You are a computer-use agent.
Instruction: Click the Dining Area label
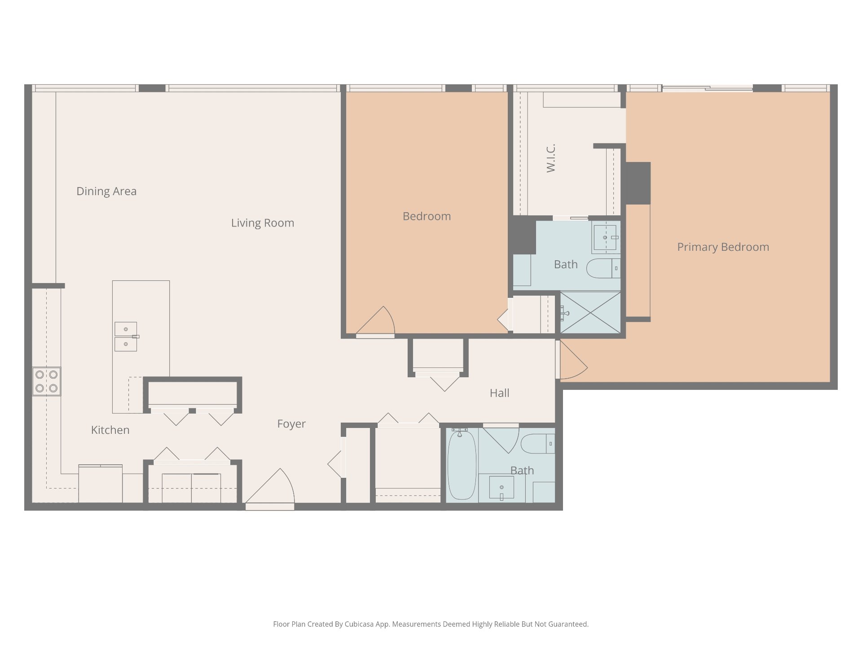click(x=106, y=192)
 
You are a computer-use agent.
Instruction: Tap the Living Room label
click(x=263, y=223)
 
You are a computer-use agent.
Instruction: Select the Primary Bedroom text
click(x=723, y=247)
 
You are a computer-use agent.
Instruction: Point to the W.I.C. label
click(x=551, y=158)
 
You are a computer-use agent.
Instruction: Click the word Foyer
click(x=291, y=424)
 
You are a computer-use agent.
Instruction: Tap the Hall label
click(x=499, y=393)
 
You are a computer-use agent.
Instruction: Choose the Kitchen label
click(x=110, y=430)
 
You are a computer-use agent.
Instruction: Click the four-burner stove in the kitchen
click(x=47, y=381)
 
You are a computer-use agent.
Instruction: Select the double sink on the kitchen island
click(x=126, y=336)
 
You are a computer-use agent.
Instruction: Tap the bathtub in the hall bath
click(x=462, y=464)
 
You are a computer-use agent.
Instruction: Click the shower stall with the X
click(x=590, y=313)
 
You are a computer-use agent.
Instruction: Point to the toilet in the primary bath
click(x=604, y=268)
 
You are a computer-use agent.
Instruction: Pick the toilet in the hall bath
click(x=538, y=444)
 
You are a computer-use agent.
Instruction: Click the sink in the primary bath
click(x=605, y=237)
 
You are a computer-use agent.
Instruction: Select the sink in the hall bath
click(x=501, y=488)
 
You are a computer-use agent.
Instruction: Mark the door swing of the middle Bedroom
click(x=375, y=320)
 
